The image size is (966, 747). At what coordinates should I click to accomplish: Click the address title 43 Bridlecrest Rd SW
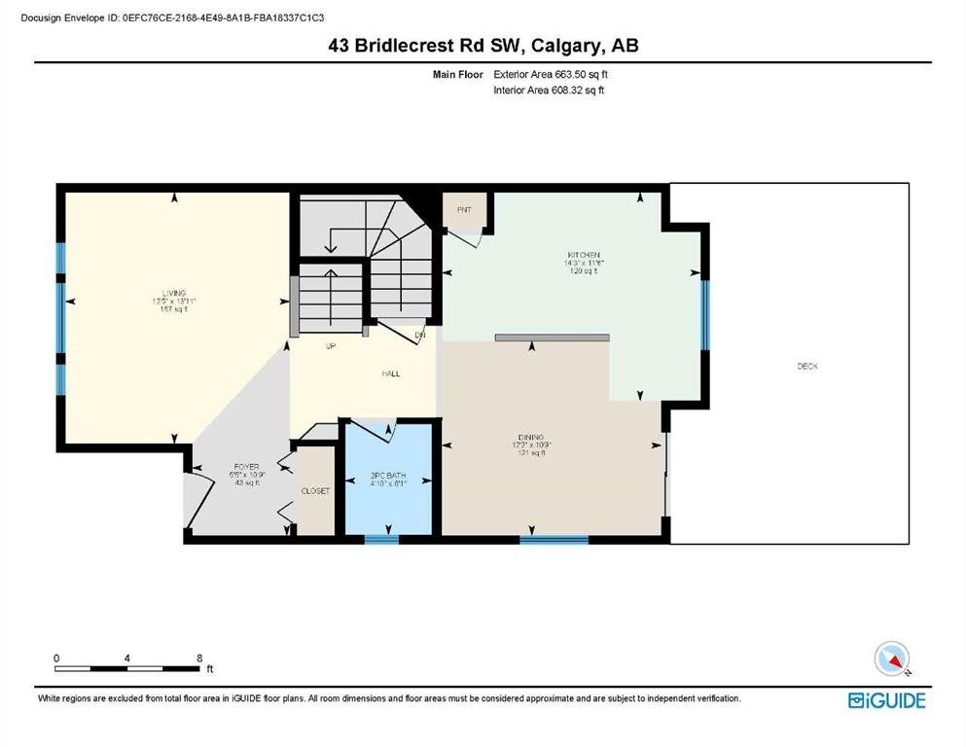[483, 46]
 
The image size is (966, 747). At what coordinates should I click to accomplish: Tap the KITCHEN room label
[570, 255]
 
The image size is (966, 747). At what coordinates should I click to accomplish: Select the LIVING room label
[174, 293]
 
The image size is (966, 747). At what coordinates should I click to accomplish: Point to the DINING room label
[531, 438]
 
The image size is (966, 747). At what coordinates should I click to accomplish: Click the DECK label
[807, 367]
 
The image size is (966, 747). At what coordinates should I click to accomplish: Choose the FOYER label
[218, 466]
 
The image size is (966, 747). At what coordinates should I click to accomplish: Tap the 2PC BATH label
[387, 477]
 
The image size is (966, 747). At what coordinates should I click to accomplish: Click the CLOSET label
[315, 491]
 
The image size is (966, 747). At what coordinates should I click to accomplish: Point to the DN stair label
[420, 336]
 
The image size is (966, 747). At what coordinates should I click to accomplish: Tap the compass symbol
[892, 659]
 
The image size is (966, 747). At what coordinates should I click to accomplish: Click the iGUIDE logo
[886, 700]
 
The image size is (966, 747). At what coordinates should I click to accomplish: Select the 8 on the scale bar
[199, 658]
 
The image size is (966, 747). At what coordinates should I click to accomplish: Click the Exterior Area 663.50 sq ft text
[552, 74]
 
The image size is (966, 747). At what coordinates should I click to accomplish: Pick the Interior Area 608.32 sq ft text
[550, 90]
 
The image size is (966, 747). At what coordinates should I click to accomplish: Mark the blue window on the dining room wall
[554, 539]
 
